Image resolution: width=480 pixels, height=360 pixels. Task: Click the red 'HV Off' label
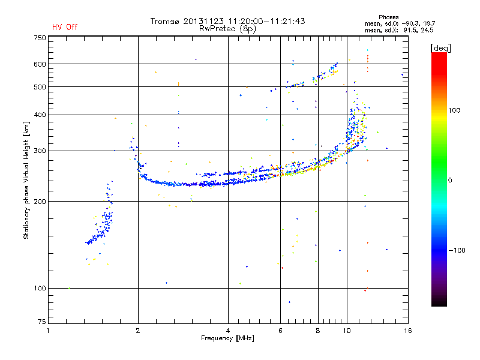point(65,27)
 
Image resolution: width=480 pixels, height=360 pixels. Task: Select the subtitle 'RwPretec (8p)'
point(227,29)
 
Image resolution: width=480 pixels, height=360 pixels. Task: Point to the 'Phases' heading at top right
point(388,17)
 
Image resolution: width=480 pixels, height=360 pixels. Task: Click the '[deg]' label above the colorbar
point(440,48)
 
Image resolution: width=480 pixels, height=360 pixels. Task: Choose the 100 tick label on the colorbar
point(454,110)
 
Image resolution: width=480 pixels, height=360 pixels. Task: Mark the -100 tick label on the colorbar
point(457,250)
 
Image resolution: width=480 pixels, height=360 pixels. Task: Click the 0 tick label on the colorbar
point(450,180)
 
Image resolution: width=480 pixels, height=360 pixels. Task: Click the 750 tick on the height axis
point(40,38)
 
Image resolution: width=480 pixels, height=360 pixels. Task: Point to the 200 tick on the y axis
point(40,201)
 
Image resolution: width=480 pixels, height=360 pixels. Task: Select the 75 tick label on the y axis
point(42,322)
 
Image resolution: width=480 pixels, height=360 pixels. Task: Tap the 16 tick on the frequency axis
point(407,331)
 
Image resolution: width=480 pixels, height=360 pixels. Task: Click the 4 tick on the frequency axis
point(228,331)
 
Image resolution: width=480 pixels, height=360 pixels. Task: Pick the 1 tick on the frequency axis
point(48,331)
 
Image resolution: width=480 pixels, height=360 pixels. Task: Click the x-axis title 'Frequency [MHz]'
point(227,338)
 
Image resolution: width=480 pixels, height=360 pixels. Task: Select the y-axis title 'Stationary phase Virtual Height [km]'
point(26,180)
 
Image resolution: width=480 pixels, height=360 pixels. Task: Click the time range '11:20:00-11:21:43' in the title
point(266,21)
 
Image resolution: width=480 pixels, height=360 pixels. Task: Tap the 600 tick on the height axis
point(40,64)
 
